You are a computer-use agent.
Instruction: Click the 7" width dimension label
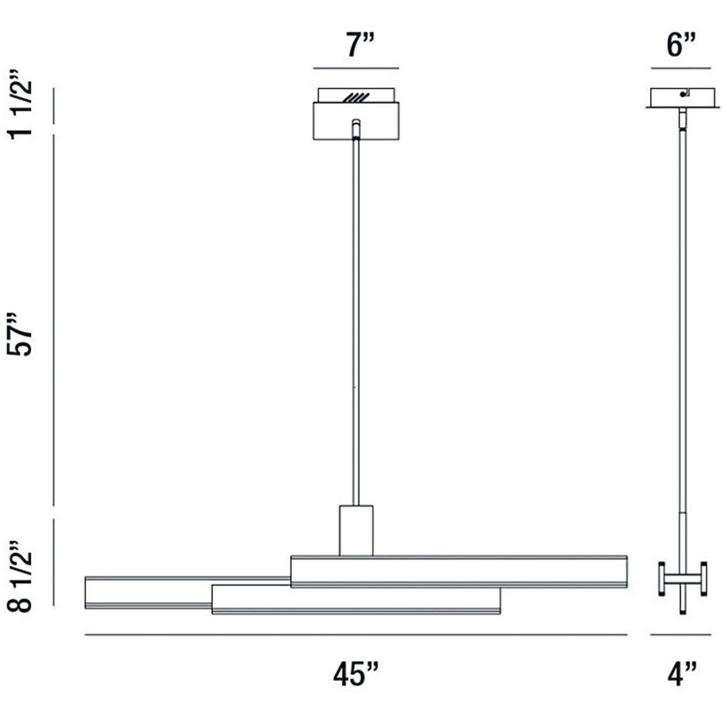coord(356,46)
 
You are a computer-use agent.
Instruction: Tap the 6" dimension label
coord(681,46)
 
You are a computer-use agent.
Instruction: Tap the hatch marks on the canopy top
coord(356,97)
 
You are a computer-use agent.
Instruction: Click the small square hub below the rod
coord(356,530)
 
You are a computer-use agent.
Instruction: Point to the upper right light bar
coord(458,571)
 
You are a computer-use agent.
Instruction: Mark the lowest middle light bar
coord(356,600)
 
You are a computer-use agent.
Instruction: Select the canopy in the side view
coord(683,97)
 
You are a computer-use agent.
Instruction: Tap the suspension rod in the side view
coord(682,323)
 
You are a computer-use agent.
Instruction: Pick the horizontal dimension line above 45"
coord(356,635)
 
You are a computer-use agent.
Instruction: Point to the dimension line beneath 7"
coord(356,68)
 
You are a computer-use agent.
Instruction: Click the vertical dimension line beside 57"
coord(54,320)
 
